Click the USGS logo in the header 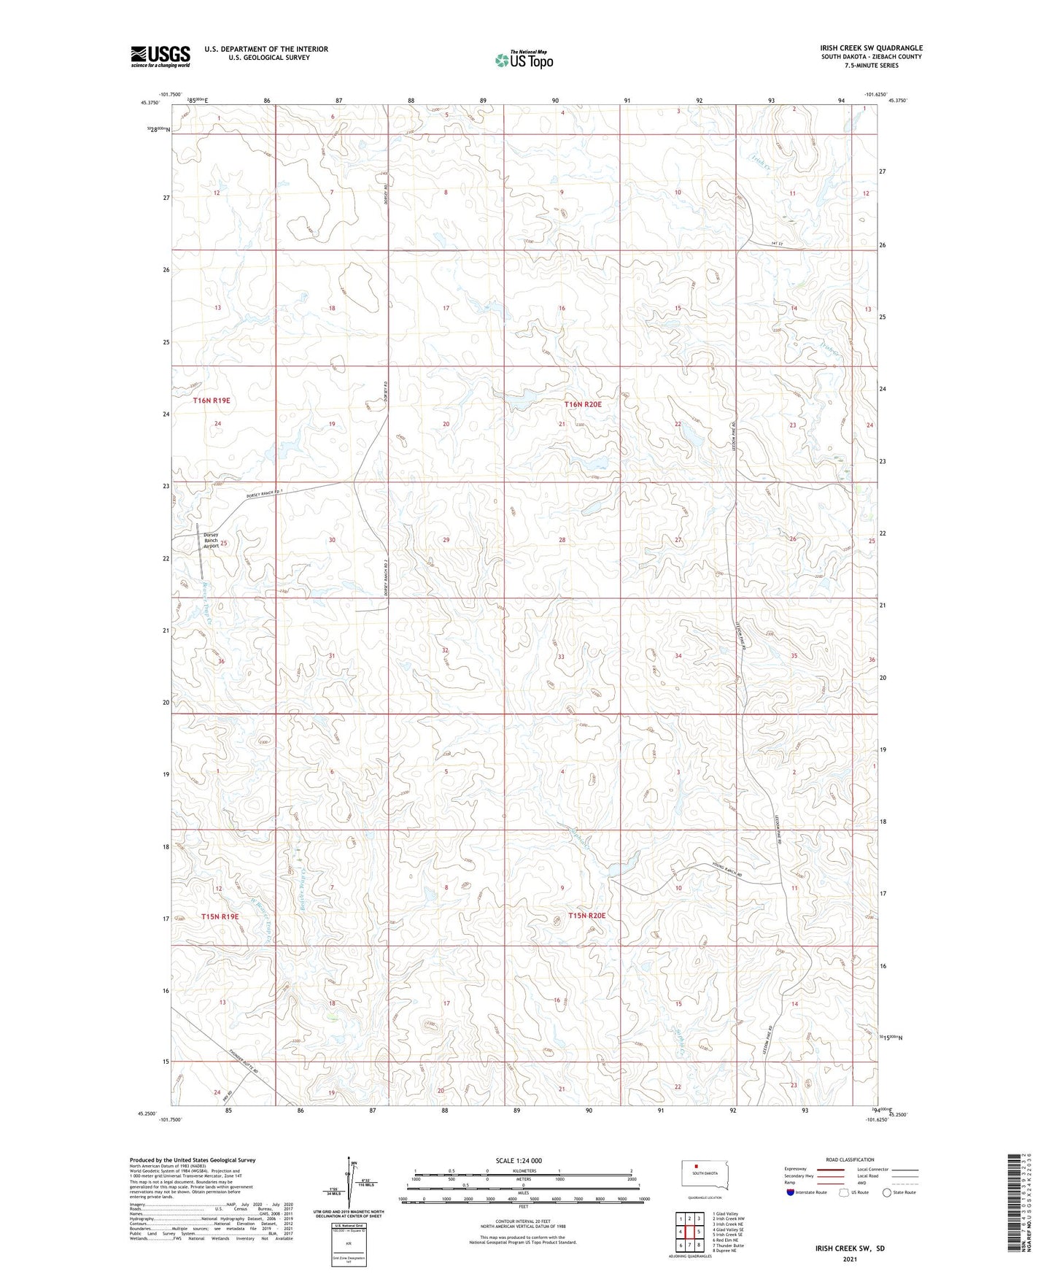point(160,55)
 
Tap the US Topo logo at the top point(523,60)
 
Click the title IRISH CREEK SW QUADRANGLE point(871,48)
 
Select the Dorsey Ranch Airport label point(211,540)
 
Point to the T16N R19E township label point(212,401)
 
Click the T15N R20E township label point(587,915)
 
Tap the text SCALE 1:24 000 point(519,1160)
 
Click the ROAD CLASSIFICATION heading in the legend point(850,1159)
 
